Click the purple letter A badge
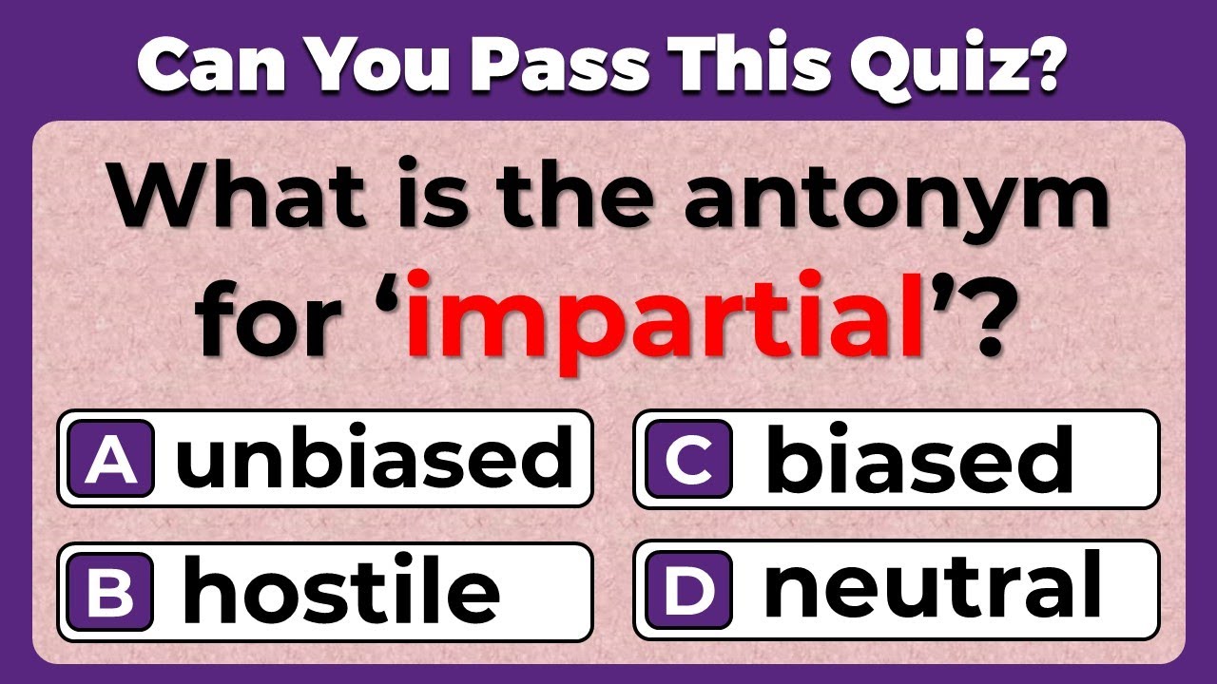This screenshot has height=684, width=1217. pos(111,461)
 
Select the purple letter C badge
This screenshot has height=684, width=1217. pos(688,461)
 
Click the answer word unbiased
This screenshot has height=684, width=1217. pos(375,461)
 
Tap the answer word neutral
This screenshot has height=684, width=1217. pos(932,587)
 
